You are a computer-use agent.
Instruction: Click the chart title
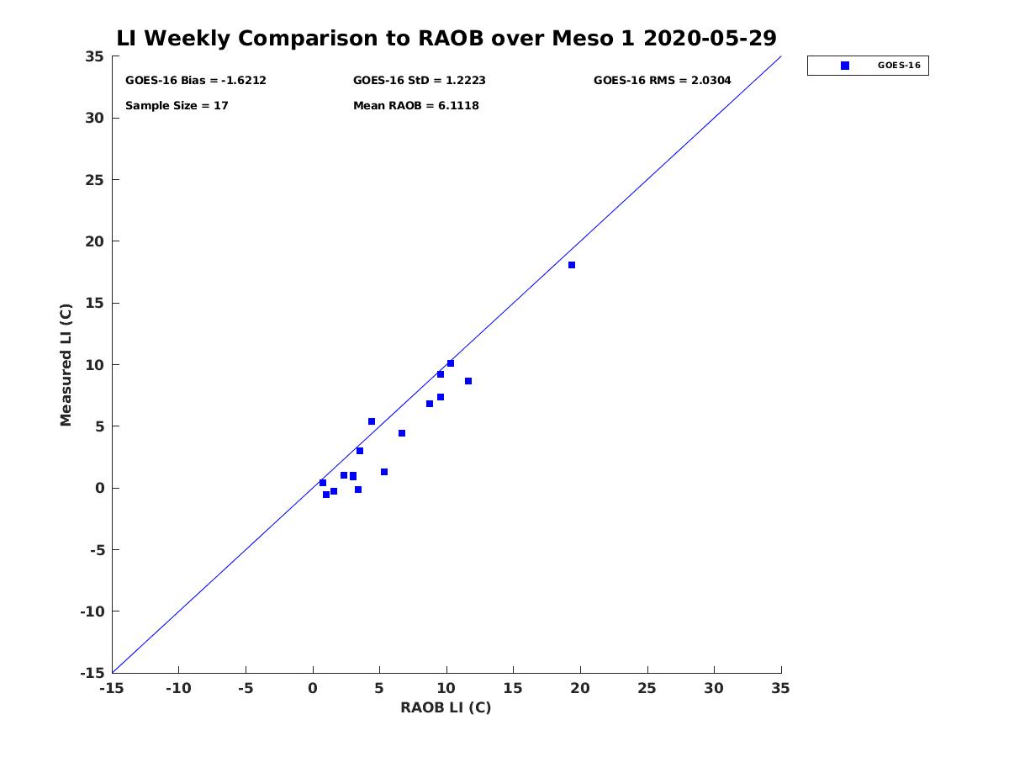pyautogui.click(x=446, y=38)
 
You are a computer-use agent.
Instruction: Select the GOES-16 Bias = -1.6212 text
pyautogui.click(x=195, y=81)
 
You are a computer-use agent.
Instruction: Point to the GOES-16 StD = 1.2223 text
pyautogui.click(x=419, y=81)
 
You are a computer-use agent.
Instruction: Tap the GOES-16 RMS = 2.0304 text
pyautogui.click(x=662, y=81)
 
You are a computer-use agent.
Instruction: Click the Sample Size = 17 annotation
pyautogui.click(x=177, y=106)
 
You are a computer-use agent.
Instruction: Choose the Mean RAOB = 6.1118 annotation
pyautogui.click(x=415, y=106)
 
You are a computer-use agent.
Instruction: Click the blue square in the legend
pyautogui.click(x=844, y=66)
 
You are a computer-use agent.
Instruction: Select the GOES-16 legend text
pyautogui.click(x=899, y=66)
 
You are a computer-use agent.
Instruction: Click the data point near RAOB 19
pyautogui.click(x=572, y=265)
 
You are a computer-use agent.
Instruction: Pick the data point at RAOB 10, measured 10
pyautogui.click(x=451, y=363)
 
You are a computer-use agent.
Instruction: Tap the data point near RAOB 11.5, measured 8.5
pyautogui.click(x=468, y=381)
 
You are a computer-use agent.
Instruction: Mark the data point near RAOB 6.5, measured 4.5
pyautogui.click(x=401, y=433)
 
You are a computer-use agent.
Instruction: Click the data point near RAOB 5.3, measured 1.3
pyautogui.click(x=383, y=472)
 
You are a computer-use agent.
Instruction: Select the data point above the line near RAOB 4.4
pyautogui.click(x=372, y=421)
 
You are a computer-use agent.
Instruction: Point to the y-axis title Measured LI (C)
pyautogui.click(x=66, y=365)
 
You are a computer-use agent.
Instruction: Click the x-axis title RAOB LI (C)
pyautogui.click(x=446, y=707)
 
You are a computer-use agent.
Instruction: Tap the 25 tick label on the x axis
pyautogui.click(x=647, y=688)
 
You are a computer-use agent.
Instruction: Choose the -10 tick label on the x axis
pyautogui.click(x=178, y=688)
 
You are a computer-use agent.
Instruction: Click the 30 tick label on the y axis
pyautogui.click(x=94, y=118)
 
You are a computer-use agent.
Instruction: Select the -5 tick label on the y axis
pyautogui.click(x=98, y=550)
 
